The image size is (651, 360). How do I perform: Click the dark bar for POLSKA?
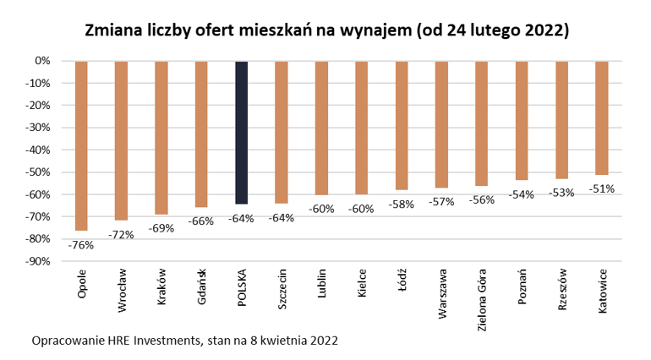(242, 133)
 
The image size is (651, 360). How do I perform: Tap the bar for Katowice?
(602, 118)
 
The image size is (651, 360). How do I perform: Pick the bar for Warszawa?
(441, 125)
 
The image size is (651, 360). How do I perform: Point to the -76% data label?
(82, 246)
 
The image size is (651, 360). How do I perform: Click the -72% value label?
(122, 234)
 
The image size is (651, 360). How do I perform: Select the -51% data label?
(602, 188)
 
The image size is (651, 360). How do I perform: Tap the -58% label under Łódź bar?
(402, 204)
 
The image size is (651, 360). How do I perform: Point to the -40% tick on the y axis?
(41, 150)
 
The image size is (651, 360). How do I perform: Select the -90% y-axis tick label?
(41, 261)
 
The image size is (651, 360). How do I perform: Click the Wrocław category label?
(122, 292)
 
